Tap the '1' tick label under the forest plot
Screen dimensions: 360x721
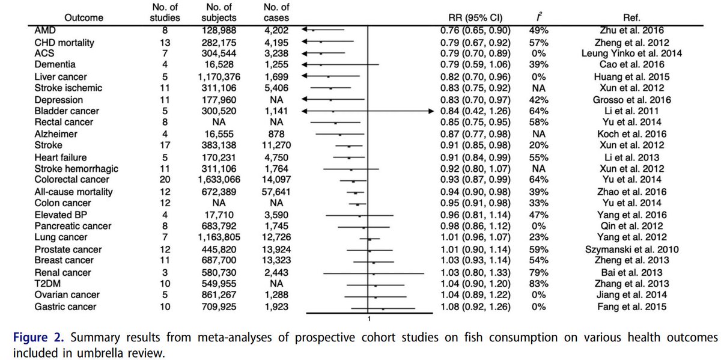point(368,319)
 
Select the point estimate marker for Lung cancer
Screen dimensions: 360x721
point(370,238)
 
